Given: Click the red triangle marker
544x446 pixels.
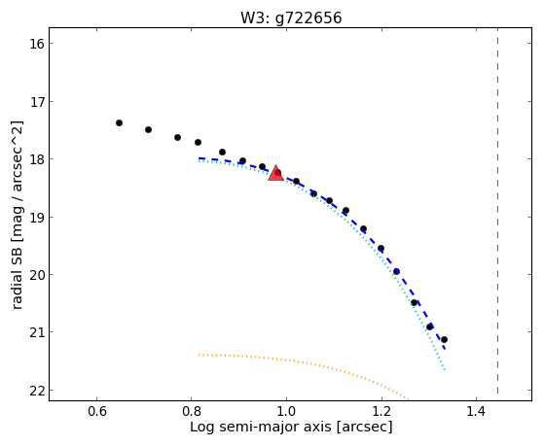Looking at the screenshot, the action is [x=275, y=173].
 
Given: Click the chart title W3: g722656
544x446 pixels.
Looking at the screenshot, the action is [x=291, y=18].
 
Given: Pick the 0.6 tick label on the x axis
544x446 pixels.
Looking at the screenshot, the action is [x=96, y=411].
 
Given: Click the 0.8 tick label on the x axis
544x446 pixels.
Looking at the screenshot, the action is [x=192, y=411].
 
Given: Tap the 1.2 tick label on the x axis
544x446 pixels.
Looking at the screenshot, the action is [x=381, y=411].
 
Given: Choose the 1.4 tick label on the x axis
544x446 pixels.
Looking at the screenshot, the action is [x=476, y=411].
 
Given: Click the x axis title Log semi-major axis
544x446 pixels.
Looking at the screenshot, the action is [x=261, y=427].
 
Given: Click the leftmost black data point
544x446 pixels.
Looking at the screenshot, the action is [x=119, y=123].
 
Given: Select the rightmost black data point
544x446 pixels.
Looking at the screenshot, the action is [x=444, y=339].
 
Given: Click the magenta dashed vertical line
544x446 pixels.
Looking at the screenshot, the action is [x=498, y=211].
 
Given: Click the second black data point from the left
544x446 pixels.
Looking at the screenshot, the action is [x=148, y=129].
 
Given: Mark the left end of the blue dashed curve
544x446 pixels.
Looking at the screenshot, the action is [x=199, y=158].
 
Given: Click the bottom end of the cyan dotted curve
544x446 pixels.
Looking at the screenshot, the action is [x=445, y=370].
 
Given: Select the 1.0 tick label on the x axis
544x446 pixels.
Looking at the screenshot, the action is [x=286, y=411].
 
